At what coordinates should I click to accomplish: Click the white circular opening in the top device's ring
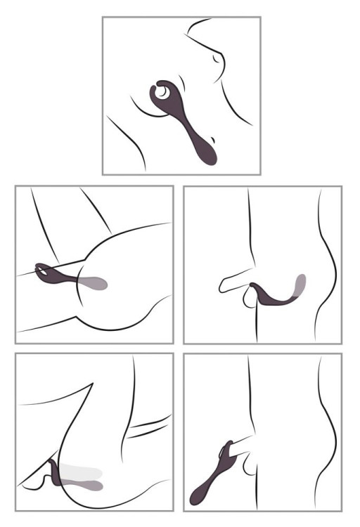pos(164,91)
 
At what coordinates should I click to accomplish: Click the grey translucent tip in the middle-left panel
pos(97,284)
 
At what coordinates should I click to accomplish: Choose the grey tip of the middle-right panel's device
pos(301,284)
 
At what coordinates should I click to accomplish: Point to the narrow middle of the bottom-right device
pos(218,471)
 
